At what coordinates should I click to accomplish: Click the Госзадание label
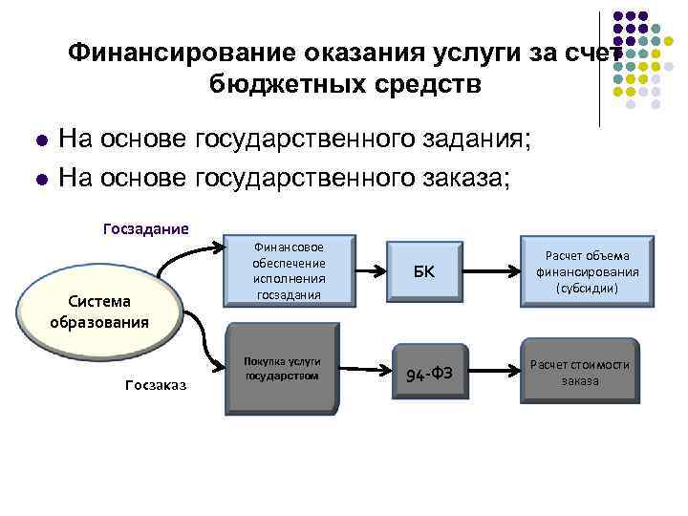[x=145, y=228]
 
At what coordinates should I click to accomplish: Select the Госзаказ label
[x=156, y=384]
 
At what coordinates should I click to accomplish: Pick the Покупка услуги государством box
[x=281, y=369]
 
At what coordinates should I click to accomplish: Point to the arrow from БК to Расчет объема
[x=491, y=270]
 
